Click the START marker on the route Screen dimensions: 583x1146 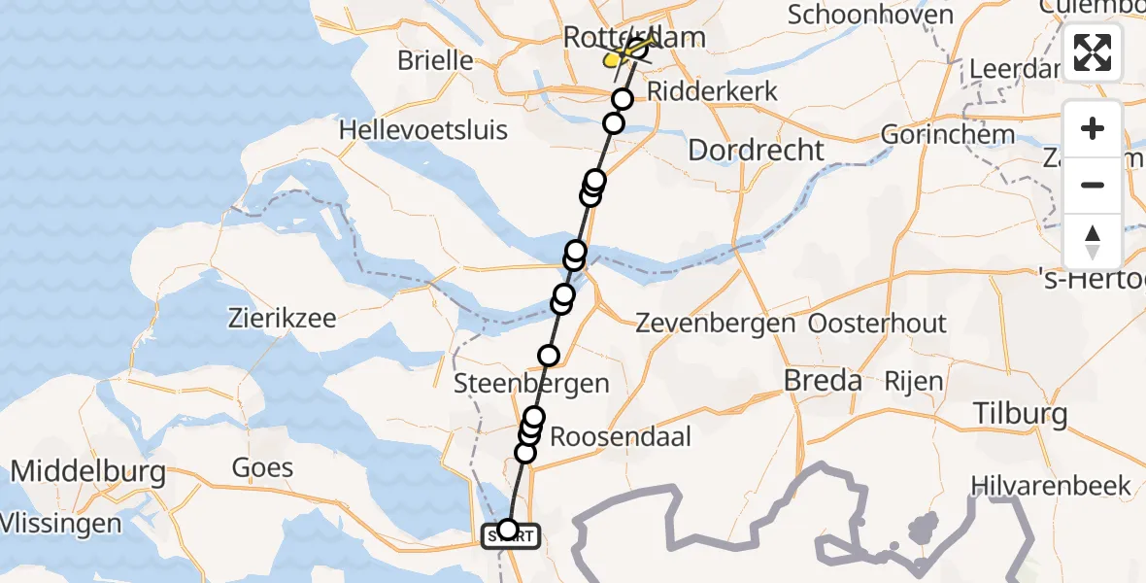point(510,533)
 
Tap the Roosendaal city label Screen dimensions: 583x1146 point(621,436)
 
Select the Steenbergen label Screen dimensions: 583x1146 point(532,383)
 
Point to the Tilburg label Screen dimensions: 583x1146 point(1020,415)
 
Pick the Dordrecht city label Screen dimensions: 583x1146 point(756,150)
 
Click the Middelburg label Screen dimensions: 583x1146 point(87,473)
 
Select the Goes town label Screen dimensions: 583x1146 point(262,467)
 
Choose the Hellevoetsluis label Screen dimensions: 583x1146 point(422,129)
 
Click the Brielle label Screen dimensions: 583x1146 point(435,60)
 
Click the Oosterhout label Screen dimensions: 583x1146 point(877,323)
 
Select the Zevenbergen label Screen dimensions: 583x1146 point(715,324)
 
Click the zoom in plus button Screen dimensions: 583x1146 point(1093,128)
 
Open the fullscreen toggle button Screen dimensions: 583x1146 point(1093,52)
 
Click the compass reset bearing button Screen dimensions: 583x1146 point(1093,242)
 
